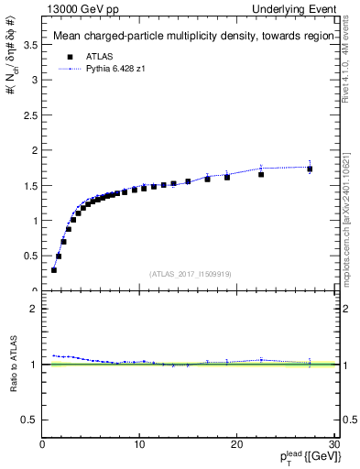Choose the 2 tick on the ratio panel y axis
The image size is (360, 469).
(x=35, y=309)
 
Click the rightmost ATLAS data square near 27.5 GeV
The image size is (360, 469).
(x=310, y=169)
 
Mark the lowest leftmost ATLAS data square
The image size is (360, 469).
(x=54, y=270)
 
